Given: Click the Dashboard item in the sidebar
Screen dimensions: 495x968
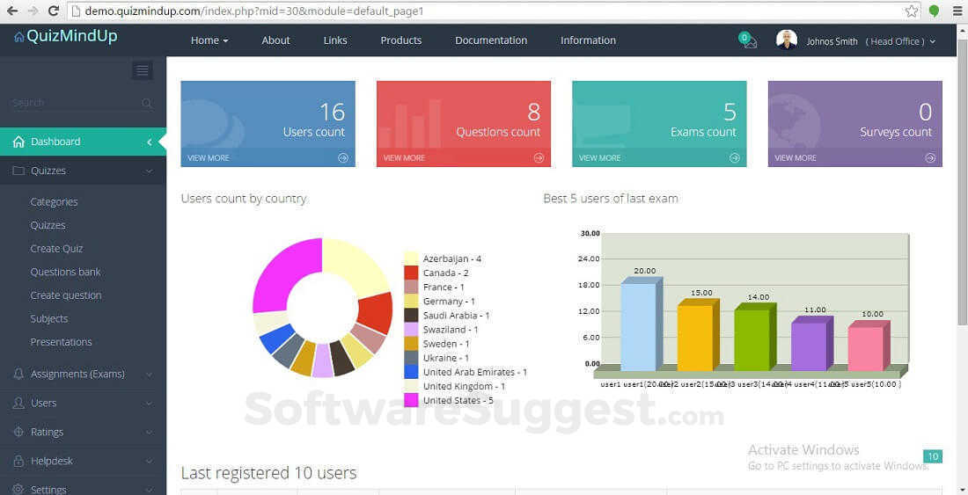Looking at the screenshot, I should click(x=55, y=142).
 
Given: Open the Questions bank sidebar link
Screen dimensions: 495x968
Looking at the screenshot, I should click(x=65, y=273).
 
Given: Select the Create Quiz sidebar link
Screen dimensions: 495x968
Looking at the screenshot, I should click(x=56, y=249).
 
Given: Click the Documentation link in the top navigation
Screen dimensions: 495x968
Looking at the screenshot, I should click(x=491, y=40).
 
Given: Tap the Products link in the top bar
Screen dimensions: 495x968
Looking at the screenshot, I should click(x=400, y=40).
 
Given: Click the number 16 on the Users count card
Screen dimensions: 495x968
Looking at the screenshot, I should click(x=332, y=112).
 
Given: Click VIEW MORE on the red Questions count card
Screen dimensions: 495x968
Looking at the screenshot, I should click(x=404, y=158).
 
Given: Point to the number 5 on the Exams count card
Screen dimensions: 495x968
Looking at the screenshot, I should click(x=730, y=112).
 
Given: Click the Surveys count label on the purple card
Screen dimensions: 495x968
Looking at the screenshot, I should click(x=895, y=132).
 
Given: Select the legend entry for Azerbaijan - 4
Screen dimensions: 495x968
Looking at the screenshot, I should click(x=451, y=258).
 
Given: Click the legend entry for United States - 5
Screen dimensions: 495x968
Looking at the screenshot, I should click(x=458, y=400).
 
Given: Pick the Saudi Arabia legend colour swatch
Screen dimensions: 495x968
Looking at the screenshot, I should click(x=411, y=315).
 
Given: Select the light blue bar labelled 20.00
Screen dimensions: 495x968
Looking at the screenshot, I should click(x=638, y=325).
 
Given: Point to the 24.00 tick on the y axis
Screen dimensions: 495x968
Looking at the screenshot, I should click(x=590, y=258).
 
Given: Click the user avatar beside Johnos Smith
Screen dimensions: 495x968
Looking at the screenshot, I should click(x=787, y=40).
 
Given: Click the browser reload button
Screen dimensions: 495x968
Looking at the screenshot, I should click(x=54, y=11).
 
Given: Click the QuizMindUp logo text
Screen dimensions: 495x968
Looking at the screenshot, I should click(x=71, y=36).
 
